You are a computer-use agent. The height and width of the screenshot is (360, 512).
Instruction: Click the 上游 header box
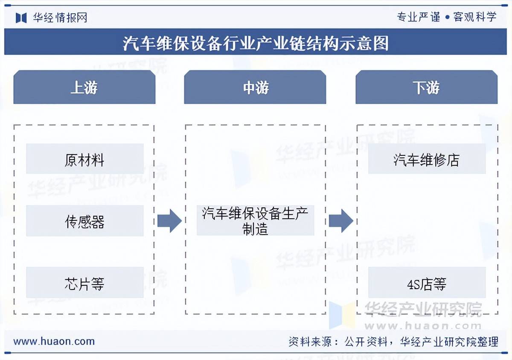[x=84, y=88]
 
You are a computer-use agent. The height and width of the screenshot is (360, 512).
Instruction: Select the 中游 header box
[x=255, y=88]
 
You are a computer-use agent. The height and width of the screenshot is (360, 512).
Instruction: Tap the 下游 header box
[x=426, y=88]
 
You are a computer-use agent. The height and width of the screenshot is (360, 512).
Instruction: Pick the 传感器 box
[x=84, y=221]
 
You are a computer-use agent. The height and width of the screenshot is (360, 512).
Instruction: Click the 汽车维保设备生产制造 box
[x=255, y=221]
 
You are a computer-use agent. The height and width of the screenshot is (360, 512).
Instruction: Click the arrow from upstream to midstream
[x=169, y=221]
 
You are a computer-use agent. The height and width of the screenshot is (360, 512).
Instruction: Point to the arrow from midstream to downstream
[x=340, y=221]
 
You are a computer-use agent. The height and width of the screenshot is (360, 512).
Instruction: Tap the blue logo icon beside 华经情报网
[x=21, y=18]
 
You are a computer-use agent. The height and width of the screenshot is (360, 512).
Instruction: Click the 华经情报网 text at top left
[x=60, y=18]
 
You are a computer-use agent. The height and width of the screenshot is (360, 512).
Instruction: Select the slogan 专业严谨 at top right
[x=419, y=17]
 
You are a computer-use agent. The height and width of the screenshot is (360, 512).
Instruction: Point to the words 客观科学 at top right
[x=475, y=17]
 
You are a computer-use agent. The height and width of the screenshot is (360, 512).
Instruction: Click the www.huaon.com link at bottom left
[x=54, y=341]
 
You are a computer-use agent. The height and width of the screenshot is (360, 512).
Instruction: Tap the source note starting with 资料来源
[x=393, y=342]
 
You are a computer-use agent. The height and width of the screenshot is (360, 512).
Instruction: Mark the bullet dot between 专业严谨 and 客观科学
[x=447, y=18]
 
